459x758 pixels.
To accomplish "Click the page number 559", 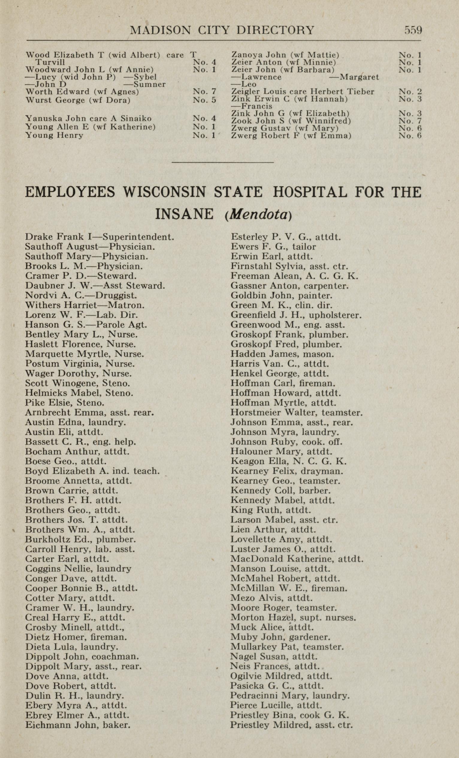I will click(x=413, y=30).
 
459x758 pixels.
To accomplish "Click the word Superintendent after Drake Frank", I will click(x=138, y=237).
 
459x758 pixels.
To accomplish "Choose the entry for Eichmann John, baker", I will click(x=78, y=725).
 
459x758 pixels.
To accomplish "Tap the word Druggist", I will click(x=116, y=296).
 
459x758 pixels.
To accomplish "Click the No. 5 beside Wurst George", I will click(x=204, y=100).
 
